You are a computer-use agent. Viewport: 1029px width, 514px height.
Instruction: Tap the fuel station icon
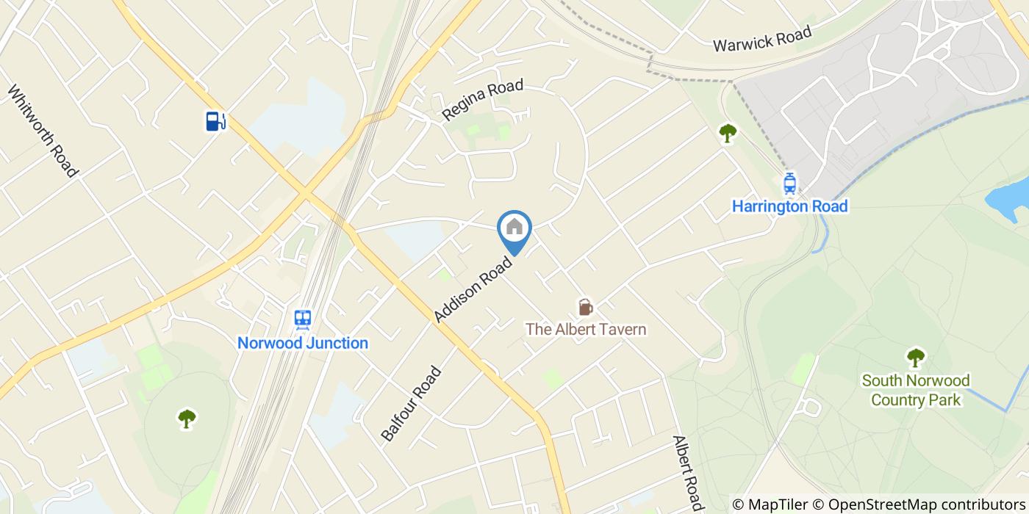pyautogui.click(x=215, y=121)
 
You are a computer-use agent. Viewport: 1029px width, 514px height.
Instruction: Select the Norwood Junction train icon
pyautogui.click(x=302, y=319)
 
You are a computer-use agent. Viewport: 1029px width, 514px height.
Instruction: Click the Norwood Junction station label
pyautogui.click(x=303, y=343)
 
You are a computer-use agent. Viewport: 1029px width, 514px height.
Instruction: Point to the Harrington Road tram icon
pyautogui.click(x=790, y=184)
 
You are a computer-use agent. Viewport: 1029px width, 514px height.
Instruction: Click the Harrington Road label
pyautogui.click(x=790, y=206)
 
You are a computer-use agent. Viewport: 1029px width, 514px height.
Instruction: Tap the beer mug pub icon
pyautogui.click(x=585, y=306)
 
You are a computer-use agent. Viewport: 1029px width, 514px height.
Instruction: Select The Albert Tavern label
pyautogui.click(x=586, y=329)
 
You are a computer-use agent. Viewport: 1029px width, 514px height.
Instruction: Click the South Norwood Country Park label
pyautogui.click(x=916, y=390)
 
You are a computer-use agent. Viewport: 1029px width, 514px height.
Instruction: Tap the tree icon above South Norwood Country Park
pyautogui.click(x=915, y=358)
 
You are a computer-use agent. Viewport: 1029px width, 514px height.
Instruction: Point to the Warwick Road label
pyautogui.click(x=762, y=38)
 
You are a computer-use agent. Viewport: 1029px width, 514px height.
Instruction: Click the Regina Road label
pyautogui.click(x=482, y=100)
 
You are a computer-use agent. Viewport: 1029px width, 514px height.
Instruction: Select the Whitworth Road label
pyautogui.click(x=43, y=131)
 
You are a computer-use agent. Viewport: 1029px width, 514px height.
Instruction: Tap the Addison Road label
pyautogui.click(x=473, y=289)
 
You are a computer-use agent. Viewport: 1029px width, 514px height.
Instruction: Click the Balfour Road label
pyautogui.click(x=412, y=403)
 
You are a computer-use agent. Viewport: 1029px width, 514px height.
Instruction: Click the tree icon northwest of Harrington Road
pyautogui.click(x=728, y=133)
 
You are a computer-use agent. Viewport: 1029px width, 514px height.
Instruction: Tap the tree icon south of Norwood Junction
pyautogui.click(x=187, y=419)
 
